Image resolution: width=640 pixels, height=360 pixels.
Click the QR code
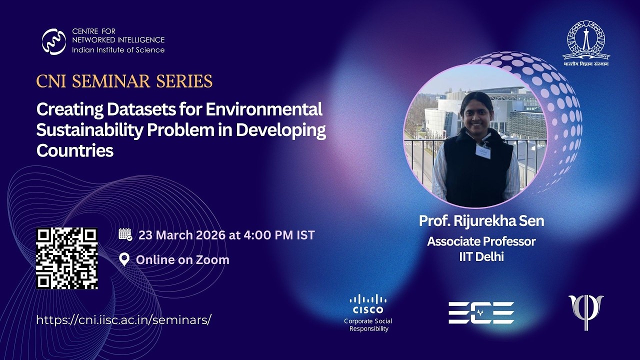[66, 258]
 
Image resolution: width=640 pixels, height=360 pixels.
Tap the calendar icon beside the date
[125, 234]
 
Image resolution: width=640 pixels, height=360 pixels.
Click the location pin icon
[124, 259]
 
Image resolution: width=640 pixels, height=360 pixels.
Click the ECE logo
[481, 312]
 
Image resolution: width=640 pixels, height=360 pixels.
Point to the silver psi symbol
[586, 311]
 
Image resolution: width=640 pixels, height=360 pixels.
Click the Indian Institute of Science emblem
[586, 40]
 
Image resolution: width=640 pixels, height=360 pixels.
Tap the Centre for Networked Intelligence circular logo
[54, 41]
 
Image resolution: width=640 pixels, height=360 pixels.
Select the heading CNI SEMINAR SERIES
[124, 81]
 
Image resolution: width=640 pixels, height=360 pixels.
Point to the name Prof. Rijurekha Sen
[481, 220]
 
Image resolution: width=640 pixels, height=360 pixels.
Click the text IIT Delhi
[481, 257]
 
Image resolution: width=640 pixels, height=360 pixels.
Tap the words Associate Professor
[481, 241]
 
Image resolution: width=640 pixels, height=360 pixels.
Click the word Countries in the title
[75, 150]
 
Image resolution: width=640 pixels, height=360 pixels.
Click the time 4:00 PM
[268, 235]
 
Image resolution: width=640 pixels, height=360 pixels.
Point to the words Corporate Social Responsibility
[368, 324]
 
